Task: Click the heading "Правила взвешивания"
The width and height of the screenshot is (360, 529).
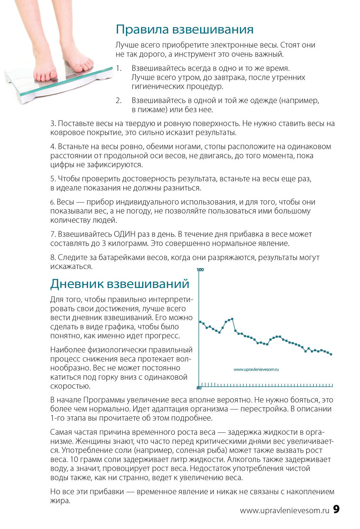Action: (x=184, y=29)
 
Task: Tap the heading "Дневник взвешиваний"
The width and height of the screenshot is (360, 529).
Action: (x=120, y=284)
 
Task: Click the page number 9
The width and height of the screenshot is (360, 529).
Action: (x=336, y=509)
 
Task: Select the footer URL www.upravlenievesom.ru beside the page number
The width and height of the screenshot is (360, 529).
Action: (x=284, y=510)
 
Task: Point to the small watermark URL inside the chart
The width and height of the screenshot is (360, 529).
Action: (x=256, y=369)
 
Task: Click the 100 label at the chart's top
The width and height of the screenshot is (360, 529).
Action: (x=200, y=270)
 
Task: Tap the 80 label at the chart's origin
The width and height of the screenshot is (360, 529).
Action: (x=199, y=388)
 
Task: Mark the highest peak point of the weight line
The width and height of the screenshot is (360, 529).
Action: (x=232, y=319)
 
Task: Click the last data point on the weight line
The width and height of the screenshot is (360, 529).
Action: (x=331, y=354)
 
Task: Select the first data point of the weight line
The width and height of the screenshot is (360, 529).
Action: (x=200, y=322)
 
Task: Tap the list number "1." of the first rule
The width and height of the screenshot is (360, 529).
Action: (x=119, y=68)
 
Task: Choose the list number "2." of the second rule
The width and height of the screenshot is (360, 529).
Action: (x=119, y=101)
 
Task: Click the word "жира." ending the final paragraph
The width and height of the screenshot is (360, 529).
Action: (x=60, y=501)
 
